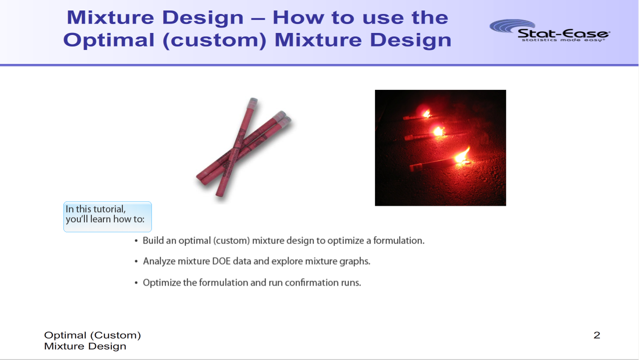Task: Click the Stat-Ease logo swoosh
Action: [511, 25]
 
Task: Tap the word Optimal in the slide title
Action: [109, 40]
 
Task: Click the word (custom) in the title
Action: [215, 40]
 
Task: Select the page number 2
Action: [597, 335]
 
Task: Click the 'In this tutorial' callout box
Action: [107, 217]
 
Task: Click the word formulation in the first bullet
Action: [399, 241]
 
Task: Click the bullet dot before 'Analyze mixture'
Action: [136, 262]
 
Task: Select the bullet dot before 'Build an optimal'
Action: [136, 241]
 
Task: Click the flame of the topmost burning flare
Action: [427, 114]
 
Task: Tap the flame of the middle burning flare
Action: [438, 131]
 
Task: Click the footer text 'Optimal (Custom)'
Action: [92, 335]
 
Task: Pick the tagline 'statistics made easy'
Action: [563, 40]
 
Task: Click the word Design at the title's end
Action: [411, 40]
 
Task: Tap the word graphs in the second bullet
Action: [354, 262]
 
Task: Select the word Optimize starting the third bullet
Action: [162, 283]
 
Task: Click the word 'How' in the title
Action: [299, 18]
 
